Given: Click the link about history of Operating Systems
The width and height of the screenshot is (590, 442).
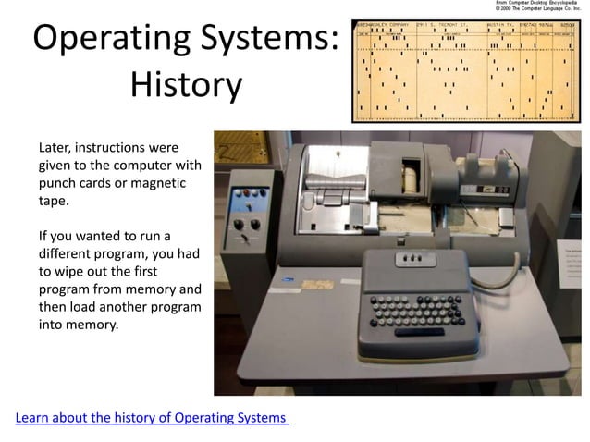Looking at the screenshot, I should [152, 418].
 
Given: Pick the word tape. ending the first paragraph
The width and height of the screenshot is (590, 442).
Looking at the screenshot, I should [53, 201].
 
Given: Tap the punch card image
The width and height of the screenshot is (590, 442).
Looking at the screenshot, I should [468, 70].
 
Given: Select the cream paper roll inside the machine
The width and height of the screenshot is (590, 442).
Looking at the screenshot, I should [407, 177].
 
